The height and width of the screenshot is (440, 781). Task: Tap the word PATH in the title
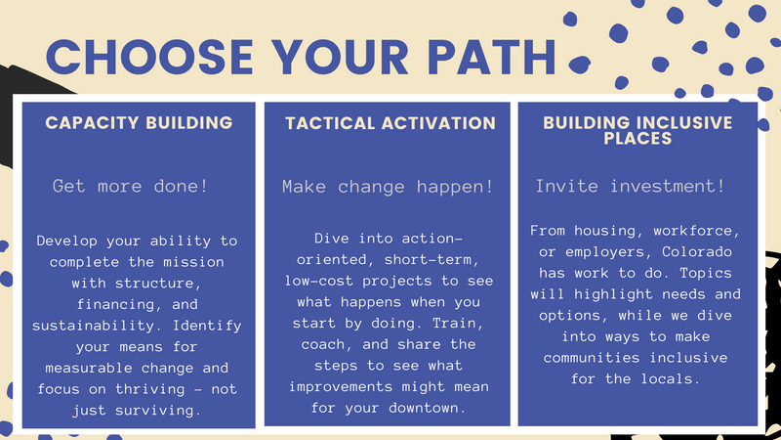tap(492, 57)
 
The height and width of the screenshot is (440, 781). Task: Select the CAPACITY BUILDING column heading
tap(139, 123)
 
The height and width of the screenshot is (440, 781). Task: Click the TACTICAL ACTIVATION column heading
tap(390, 123)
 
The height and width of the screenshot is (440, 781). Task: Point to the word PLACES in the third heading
tap(637, 138)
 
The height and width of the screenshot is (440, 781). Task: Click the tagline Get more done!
tap(130, 186)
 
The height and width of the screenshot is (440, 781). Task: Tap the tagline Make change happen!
tap(388, 187)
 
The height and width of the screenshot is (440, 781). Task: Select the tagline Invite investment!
tap(630, 186)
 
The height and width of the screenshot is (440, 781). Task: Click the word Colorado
tap(697, 251)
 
